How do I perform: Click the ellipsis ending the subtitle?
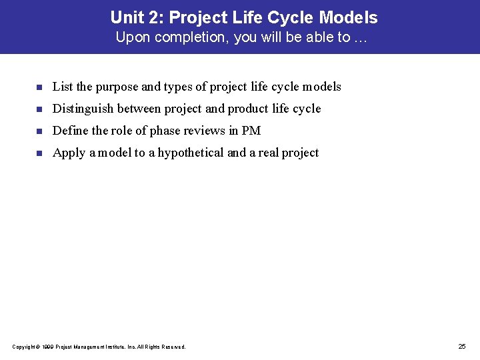pyautogui.click(x=361, y=38)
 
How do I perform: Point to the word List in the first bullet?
pyautogui.click(x=62, y=87)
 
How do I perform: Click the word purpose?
pyautogui.click(x=117, y=87)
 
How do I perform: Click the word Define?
pyautogui.click(x=69, y=131)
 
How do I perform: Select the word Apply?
pyautogui.click(x=68, y=153)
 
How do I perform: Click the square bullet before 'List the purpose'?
pyautogui.click(x=39, y=87)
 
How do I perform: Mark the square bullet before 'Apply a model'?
pyautogui.click(x=39, y=153)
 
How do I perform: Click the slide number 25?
pyautogui.click(x=462, y=346)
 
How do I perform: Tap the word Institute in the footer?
pyautogui.click(x=118, y=347)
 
